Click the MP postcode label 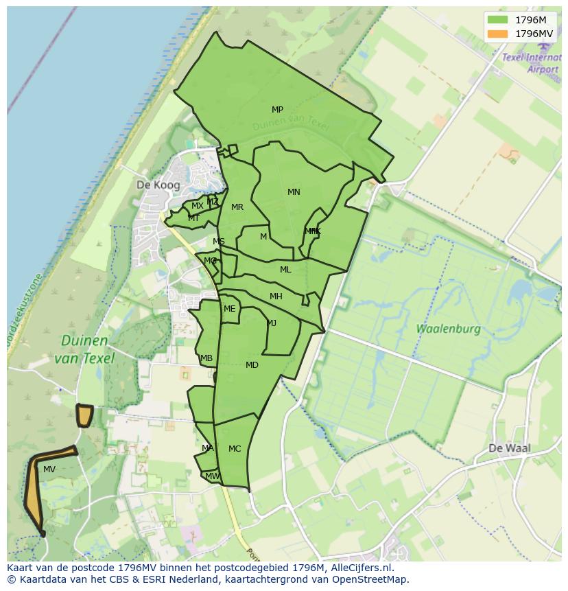[x=277, y=110]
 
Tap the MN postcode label [x=294, y=192]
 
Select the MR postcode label [x=237, y=207]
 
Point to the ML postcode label [x=285, y=270]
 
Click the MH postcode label [x=276, y=297]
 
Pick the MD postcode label [x=252, y=365]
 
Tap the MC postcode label [x=235, y=449]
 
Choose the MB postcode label [x=206, y=358]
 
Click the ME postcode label [x=229, y=309]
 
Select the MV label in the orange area [x=49, y=470]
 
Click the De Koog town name [x=158, y=185]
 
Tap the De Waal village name [x=510, y=448]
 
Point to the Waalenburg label [x=448, y=329]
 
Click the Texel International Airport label [x=532, y=63]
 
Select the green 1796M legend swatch [x=499, y=20]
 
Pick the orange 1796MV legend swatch [x=499, y=34]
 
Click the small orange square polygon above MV [x=84, y=415]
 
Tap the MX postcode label [x=197, y=206]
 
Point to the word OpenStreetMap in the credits [x=371, y=579]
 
